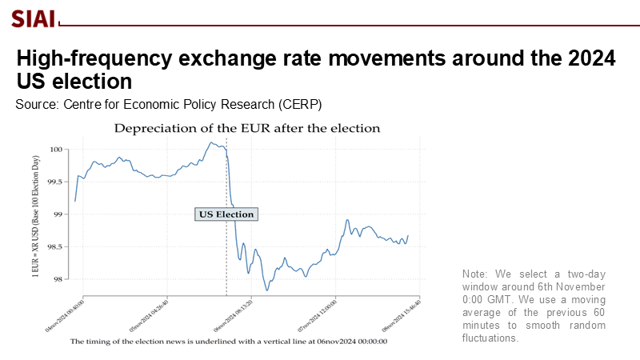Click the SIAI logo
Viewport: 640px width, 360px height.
tap(33, 18)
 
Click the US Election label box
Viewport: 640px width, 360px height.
tap(226, 214)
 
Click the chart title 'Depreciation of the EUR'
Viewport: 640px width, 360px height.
tap(246, 128)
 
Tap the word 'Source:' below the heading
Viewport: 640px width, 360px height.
tap(37, 105)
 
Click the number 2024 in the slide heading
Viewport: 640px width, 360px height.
tap(587, 58)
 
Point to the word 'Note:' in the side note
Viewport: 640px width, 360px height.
tap(478, 274)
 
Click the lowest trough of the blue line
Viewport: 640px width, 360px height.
tap(266, 290)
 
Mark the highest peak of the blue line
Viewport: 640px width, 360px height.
tap(212, 142)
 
